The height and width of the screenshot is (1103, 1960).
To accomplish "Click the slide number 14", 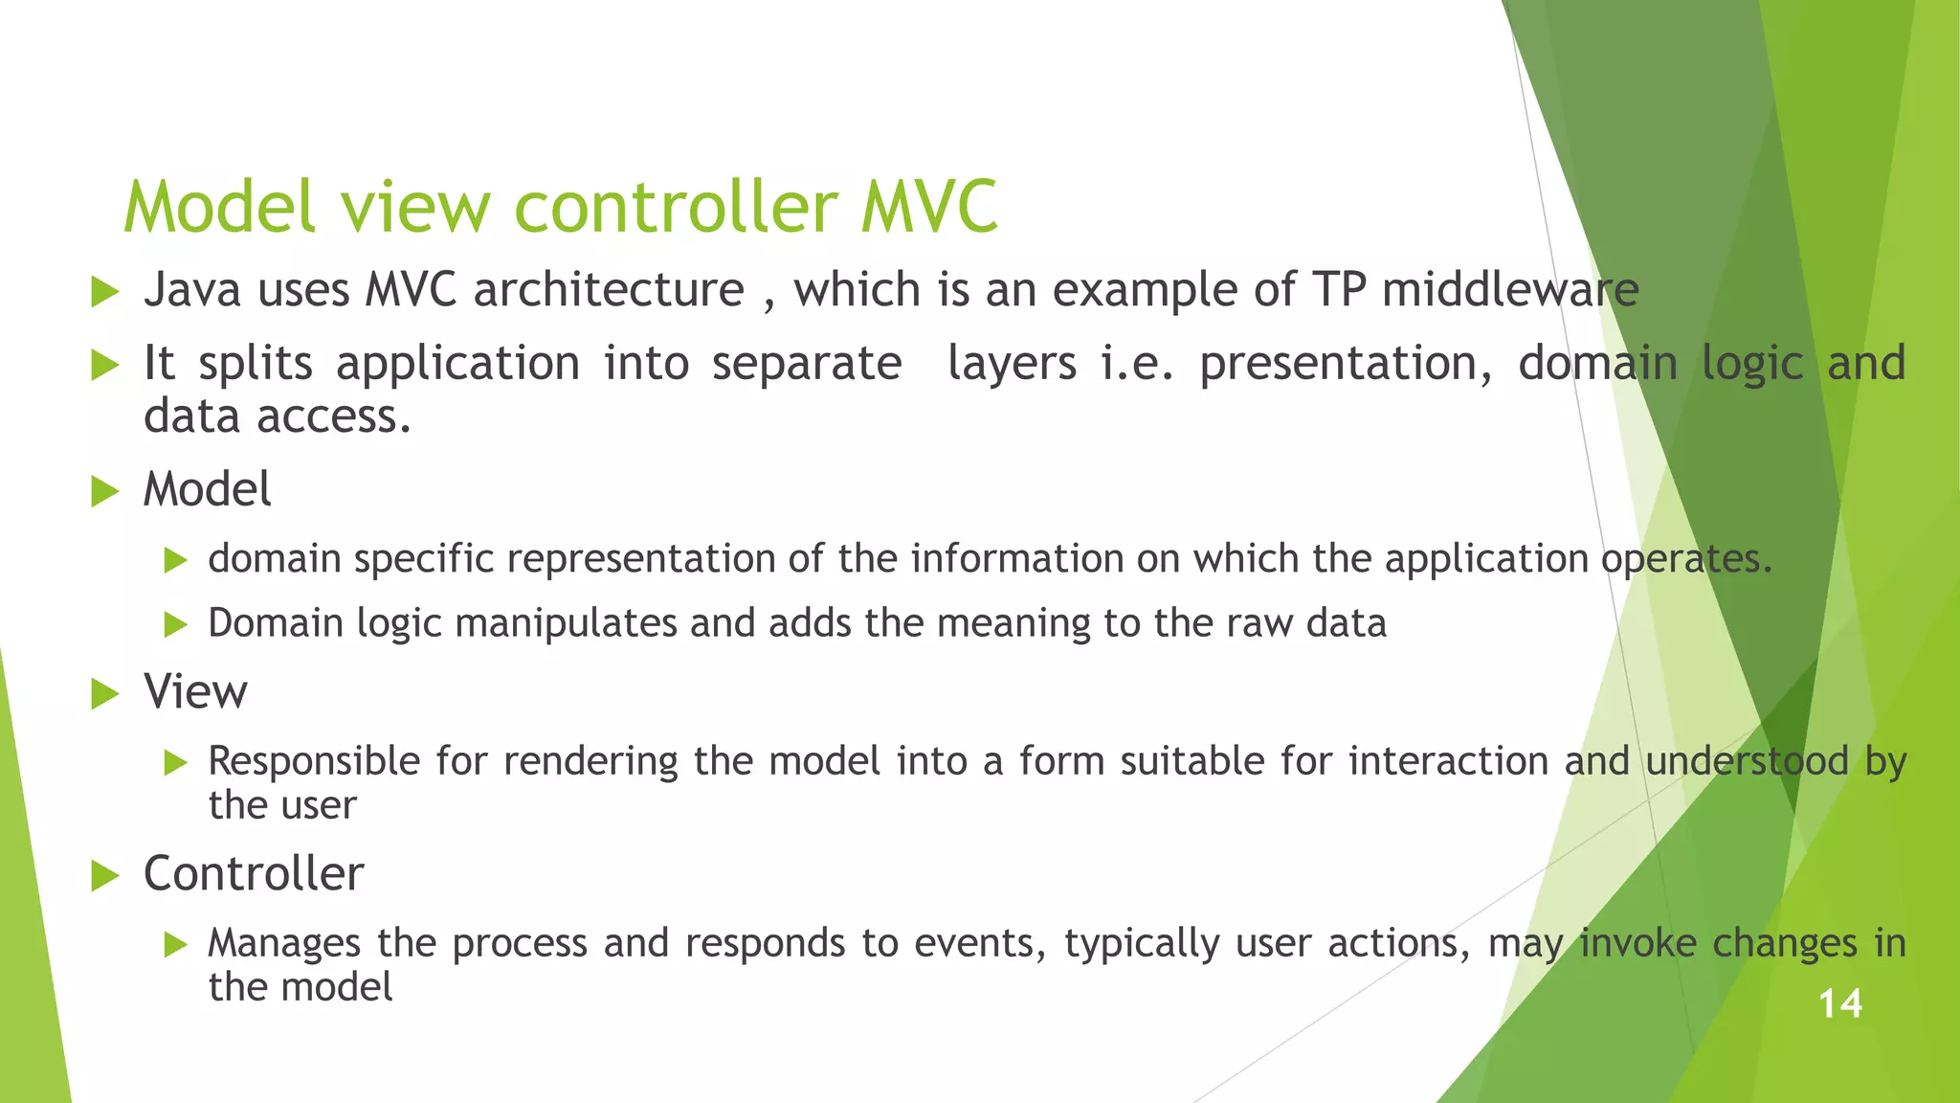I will click(1839, 1004).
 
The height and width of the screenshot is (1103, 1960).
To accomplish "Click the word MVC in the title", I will click(928, 207).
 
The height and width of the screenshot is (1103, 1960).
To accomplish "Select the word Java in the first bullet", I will click(191, 290).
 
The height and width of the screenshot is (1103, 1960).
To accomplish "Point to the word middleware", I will click(1510, 290).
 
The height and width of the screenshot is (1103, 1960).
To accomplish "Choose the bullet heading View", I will click(195, 691).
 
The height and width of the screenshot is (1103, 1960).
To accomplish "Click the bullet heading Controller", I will click(254, 873).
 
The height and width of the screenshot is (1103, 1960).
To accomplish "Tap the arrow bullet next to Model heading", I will click(104, 492).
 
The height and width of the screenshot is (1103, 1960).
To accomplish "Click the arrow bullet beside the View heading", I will click(104, 693).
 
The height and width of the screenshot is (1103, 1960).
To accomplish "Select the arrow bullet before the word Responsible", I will click(175, 763).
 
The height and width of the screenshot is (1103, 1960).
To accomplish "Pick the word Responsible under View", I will click(314, 762).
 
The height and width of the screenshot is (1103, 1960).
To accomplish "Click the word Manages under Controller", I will click(284, 944).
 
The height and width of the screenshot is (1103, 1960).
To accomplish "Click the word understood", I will click(1747, 762).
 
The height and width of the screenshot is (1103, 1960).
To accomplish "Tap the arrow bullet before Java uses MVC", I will click(104, 292).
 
